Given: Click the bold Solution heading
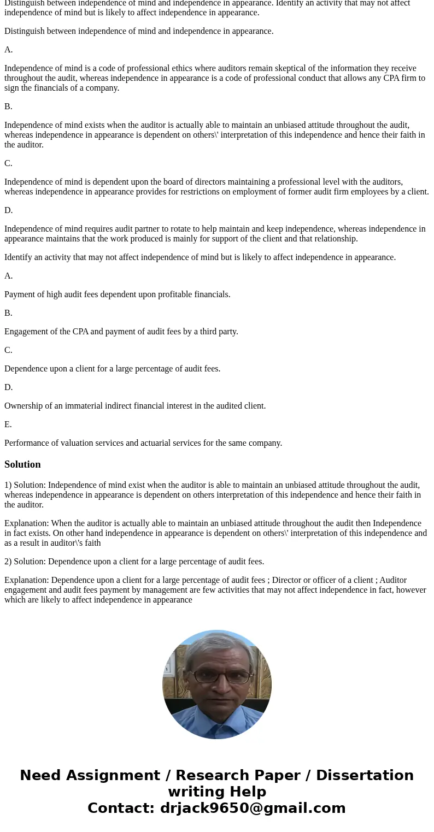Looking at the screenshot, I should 22,464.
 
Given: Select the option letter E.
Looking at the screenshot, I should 8,424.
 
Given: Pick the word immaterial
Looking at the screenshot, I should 91,406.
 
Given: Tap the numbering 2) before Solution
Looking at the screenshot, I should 8,562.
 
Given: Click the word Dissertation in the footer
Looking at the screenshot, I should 365,776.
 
